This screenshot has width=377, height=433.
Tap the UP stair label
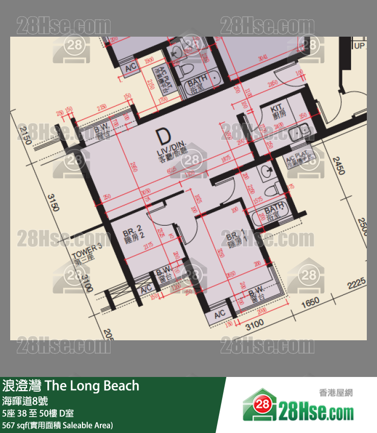point(360,46)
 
